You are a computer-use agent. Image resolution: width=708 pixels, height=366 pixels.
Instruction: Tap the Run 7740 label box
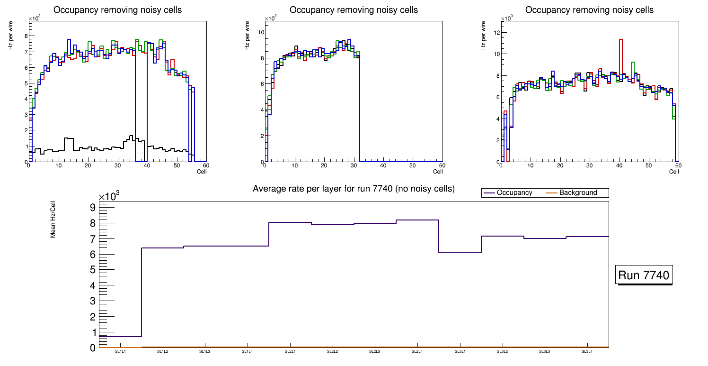(x=645, y=275)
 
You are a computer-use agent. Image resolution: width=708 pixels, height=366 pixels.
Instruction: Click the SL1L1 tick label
(x=120, y=351)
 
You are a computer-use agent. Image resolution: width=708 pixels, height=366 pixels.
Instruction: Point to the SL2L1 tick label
(x=290, y=351)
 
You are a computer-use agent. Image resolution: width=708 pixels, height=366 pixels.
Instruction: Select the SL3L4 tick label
(x=587, y=351)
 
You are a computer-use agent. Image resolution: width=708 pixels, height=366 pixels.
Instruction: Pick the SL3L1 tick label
(x=460, y=351)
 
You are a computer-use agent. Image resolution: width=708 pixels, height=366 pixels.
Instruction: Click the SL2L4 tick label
(x=417, y=351)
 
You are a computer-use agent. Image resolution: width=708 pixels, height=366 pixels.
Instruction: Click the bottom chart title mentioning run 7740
(x=354, y=189)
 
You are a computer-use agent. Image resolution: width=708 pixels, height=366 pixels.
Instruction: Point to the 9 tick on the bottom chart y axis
(x=92, y=208)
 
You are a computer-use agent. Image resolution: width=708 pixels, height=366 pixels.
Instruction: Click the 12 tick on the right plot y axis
(x=496, y=32)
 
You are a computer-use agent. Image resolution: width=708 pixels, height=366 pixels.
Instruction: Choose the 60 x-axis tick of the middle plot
(x=441, y=165)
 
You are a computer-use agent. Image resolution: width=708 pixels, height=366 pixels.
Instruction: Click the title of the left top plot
(x=117, y=10)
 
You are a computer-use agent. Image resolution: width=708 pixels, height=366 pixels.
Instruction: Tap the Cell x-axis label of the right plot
(x=674, y=171)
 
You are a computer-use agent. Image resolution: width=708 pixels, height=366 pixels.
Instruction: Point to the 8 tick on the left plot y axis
(x=26, y=36)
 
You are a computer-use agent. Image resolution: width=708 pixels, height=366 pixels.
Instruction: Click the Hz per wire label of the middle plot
(x=247, y=38)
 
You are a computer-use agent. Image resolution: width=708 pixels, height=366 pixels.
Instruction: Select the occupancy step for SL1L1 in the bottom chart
(x=120, y=337)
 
